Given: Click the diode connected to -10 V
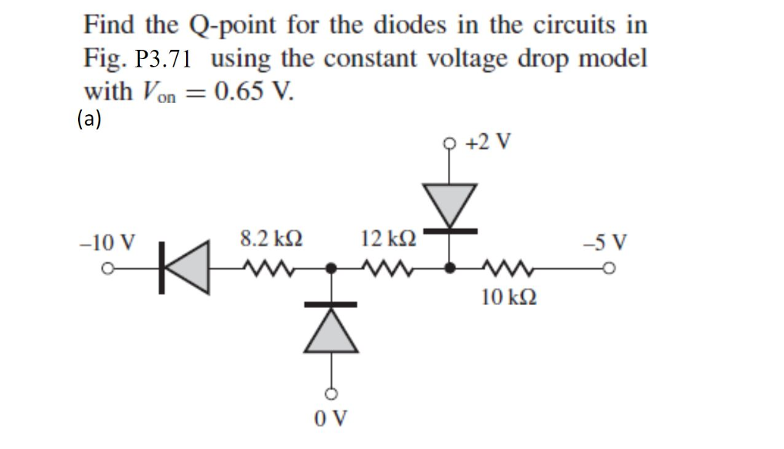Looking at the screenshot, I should point(185,267).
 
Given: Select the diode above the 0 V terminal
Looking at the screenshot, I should point(332,330).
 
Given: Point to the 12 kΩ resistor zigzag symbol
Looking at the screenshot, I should point(389,268).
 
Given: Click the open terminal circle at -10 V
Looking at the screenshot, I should point(109,269).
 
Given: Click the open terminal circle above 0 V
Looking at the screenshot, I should point(332,395).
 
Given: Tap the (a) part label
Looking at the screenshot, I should point(90,118).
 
